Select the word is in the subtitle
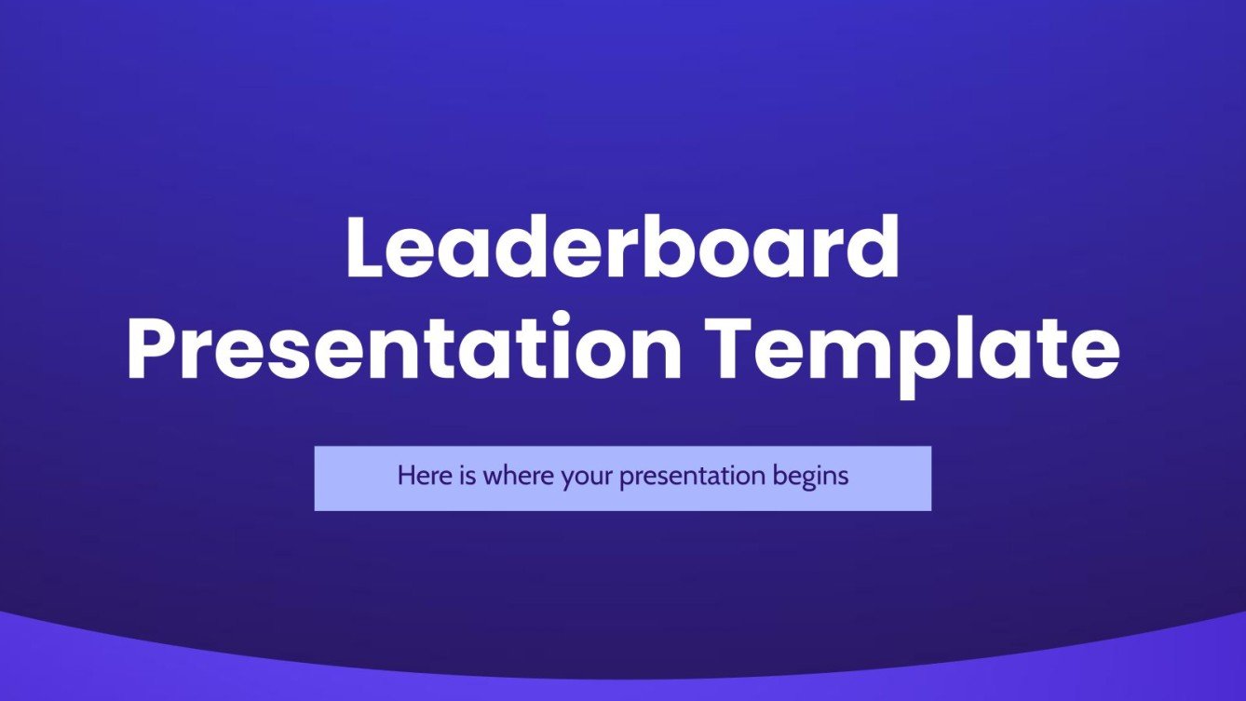pos(461,477)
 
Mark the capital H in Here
pos(405,477)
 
